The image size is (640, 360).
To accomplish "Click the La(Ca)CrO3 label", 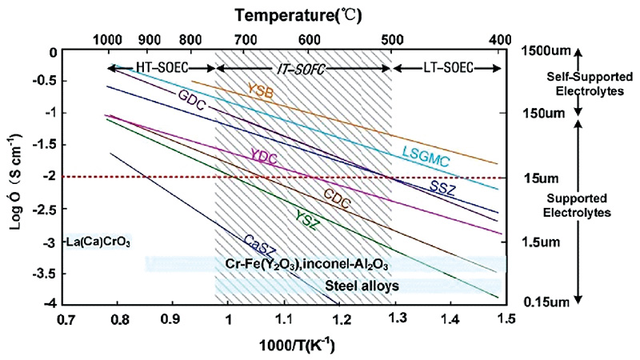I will tap(100, 241).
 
